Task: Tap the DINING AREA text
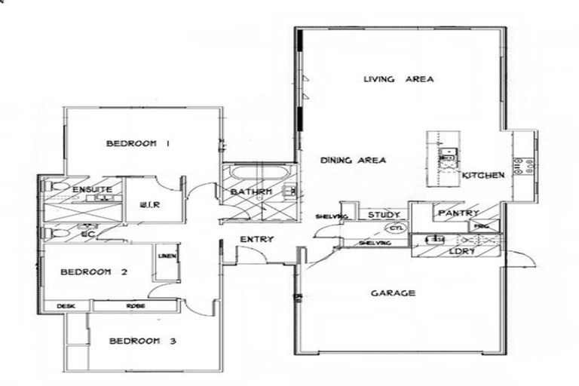[x=353, y=160]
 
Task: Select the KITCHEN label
[x=482, y=175]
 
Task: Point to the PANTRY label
[x=458, y=214]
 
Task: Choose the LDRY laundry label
[x=461, y=251]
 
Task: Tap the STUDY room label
[x=382, y=216]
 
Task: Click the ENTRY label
[x=256, y=240]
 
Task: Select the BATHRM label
[x=250, y=193]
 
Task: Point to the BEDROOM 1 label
[x=136, y=143]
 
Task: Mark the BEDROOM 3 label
[x=142, y=342]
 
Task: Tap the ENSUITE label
[x=92, y=188]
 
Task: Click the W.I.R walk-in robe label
[x=149, y=204]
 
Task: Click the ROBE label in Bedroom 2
[x=135, y=306]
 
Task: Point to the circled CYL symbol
[x=394, y=228]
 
